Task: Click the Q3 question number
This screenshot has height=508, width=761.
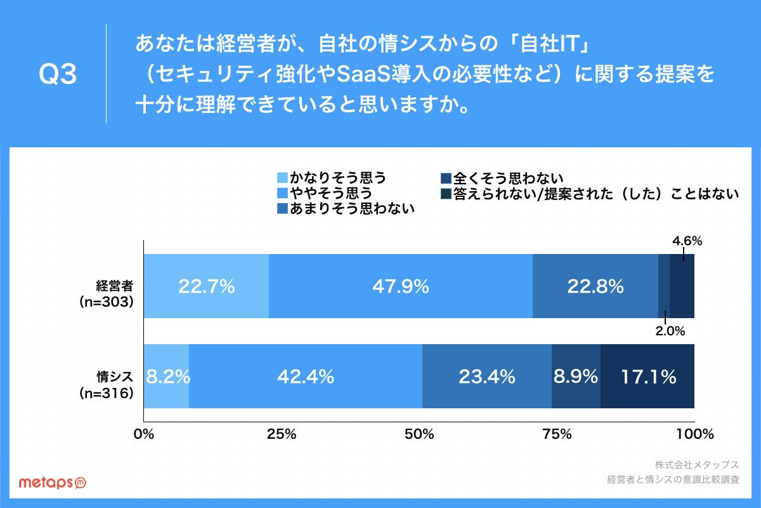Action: point(58,74)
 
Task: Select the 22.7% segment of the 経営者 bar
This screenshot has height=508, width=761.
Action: point(206,286)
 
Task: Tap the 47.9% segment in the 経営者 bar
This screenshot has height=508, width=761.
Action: point(401,286)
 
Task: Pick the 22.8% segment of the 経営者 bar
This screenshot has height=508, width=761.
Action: point(595,286)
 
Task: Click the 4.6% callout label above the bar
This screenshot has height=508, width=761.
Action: point(687,241)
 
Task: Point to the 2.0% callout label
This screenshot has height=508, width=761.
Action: point(670,331)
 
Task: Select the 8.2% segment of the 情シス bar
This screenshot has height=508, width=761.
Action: point(166,376)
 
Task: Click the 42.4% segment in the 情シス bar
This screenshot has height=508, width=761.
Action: point(306,376)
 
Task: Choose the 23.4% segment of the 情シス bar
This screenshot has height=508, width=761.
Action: point(487,376)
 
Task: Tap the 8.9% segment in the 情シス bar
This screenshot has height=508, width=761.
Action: point(576,376)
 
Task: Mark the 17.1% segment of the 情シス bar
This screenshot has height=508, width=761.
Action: point(647,376)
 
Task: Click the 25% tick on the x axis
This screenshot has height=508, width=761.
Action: point(282,434)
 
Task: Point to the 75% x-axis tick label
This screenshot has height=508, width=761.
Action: point(557,434)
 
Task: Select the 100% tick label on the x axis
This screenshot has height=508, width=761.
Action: point(695,434)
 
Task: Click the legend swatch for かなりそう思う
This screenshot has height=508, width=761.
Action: point(282,178)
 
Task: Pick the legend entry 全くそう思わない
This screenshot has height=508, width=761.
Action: point(502,178)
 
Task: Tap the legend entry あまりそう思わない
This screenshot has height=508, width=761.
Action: point(346,208)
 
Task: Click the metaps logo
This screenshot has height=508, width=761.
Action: point(52,483)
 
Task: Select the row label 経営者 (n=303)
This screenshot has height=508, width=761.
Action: point(107,294)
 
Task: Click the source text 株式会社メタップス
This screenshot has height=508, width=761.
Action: point(697,464)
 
